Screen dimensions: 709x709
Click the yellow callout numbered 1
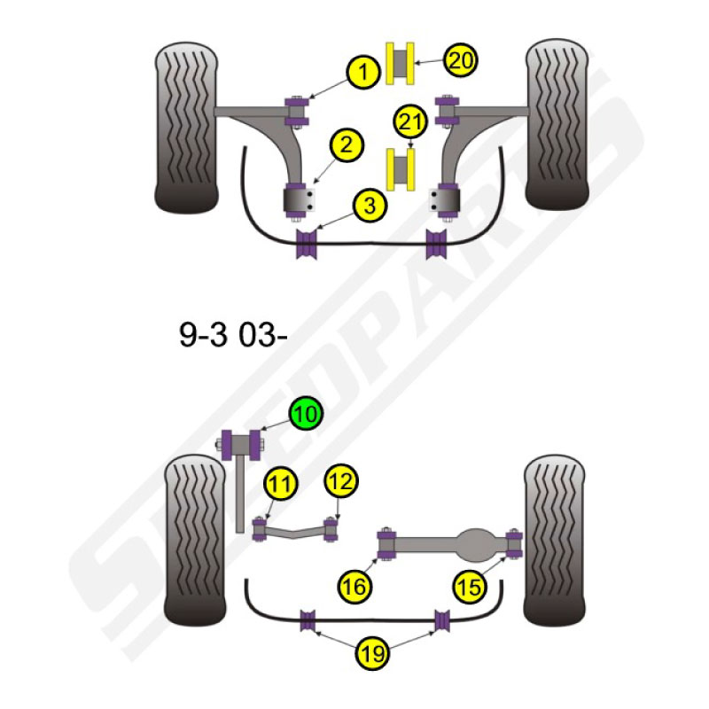(363, 72)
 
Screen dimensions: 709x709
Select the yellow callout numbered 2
(347, 145)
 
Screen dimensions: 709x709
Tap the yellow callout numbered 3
(370, 206)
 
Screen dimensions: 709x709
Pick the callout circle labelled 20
(461, 60)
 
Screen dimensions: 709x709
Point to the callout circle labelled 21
(410, 122)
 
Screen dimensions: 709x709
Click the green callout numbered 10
(306, 413)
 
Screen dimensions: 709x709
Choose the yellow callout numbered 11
(280, 483)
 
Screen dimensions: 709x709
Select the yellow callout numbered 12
(341, 480)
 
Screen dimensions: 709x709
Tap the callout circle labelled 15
(470, 588)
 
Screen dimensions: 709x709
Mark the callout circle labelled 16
(354, 588)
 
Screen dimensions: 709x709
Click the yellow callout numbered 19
(372, 653)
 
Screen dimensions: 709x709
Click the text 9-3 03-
(233, 335)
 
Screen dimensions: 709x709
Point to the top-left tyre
(186, 128)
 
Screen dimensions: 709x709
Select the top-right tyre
(557, 124)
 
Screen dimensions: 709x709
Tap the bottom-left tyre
(195, 541)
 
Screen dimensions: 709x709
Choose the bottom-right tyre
(555, 541)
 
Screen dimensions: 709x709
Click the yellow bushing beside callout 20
(401, 63)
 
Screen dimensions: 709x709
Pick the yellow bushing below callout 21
(401, 169)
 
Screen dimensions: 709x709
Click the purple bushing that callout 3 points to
(307, 245)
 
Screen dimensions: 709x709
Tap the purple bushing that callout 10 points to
(241, 445)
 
